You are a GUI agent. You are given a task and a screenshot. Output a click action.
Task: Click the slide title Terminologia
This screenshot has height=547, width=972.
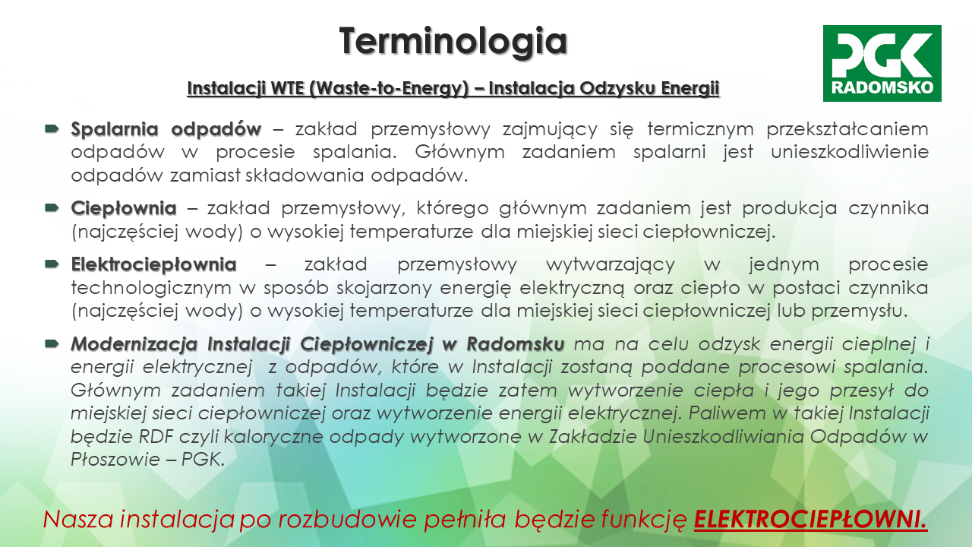[453, 42]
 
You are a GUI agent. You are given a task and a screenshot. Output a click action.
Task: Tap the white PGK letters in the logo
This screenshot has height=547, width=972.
[882, 54]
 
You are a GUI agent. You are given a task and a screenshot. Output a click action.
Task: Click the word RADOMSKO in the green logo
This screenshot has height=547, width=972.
[882, 87]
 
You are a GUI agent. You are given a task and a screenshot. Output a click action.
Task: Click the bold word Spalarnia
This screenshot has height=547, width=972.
[115, 129]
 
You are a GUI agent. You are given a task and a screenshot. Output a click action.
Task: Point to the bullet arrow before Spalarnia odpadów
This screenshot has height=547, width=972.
[52, 128]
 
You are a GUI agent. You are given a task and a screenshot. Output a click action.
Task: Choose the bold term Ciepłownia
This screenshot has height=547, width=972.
[124, 208]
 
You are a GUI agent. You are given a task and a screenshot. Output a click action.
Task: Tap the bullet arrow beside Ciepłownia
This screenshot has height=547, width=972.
[52, 207]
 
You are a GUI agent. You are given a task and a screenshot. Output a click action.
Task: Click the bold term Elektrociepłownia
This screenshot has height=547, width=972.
[153, 264]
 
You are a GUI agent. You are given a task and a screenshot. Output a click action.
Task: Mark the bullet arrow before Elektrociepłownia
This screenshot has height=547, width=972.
[52, 264]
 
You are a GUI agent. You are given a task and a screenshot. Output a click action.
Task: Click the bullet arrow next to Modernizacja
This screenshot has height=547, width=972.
[52, 344]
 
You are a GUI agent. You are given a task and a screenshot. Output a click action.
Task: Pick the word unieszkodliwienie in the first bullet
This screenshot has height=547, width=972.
[850, 152]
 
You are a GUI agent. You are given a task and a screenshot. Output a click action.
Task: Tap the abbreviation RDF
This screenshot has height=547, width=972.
[156, 436]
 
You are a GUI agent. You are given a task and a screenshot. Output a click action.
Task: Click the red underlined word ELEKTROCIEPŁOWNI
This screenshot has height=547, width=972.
[810, 519]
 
